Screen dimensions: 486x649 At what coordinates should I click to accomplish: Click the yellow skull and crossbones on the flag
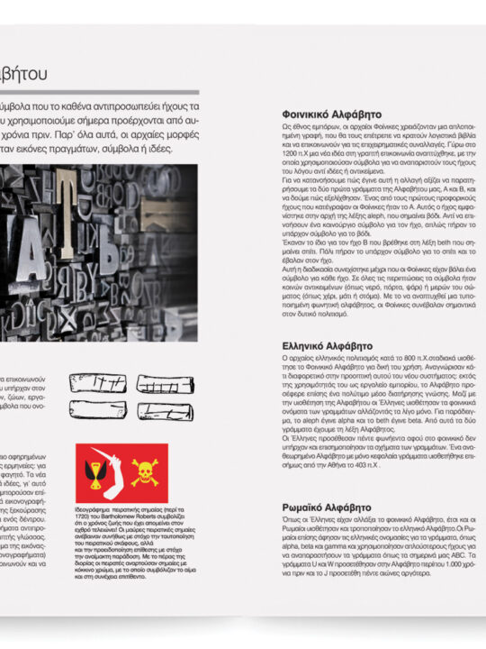click(145, 471)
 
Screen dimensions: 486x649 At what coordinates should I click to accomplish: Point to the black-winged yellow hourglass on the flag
click(94, 471)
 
